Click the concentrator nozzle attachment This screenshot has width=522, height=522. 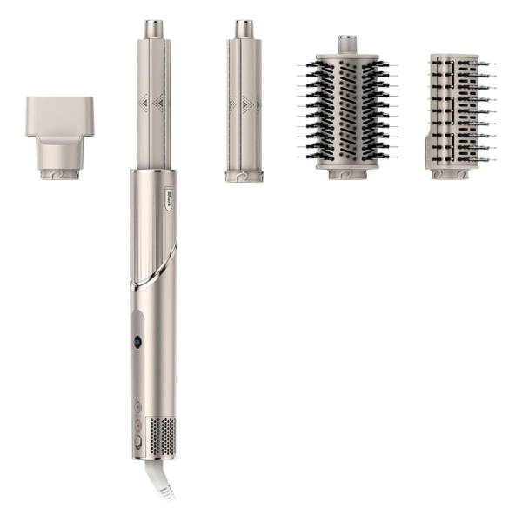[x=59, y=130]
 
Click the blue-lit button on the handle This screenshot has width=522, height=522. [x=138, y=343]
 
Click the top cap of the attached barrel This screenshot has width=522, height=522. [x=153, y=29]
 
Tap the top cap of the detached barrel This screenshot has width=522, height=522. [x=244, y=29]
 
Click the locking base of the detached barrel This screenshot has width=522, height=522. [x=244, y=176]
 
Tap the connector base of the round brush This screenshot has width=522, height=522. [x=347, y=173]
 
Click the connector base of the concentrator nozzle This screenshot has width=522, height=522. [x=59, y=173]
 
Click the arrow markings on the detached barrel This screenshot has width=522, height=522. [x=244, y=105]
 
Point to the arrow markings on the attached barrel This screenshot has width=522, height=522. [x=153, y=104]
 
